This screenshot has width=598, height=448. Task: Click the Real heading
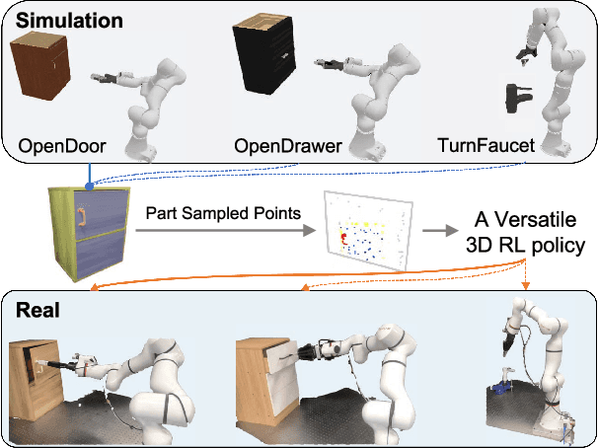38,309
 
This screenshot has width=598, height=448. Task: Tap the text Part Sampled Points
223,214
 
